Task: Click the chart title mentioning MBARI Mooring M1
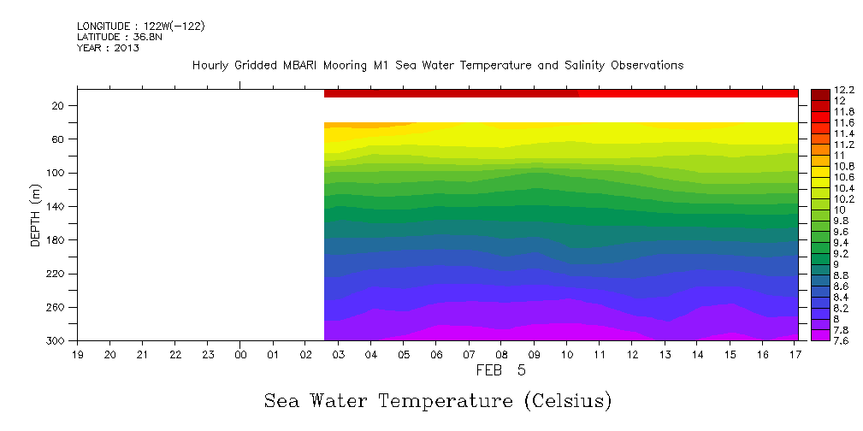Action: click(x=437, y=66)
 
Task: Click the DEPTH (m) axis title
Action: click(x=36, y=214)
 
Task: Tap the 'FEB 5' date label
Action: click(x=500, y=370)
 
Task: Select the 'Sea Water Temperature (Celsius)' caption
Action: click(x=437, y=400)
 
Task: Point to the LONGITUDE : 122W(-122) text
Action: click(x=140, y=27)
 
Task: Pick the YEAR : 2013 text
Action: click(x=108, y=48)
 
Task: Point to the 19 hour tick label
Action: click(x=77, y=354)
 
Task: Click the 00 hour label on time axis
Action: click(x=240, y=354)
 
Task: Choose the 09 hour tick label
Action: click(x=534, y=354)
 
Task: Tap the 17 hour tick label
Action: click(x=795, y=354)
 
